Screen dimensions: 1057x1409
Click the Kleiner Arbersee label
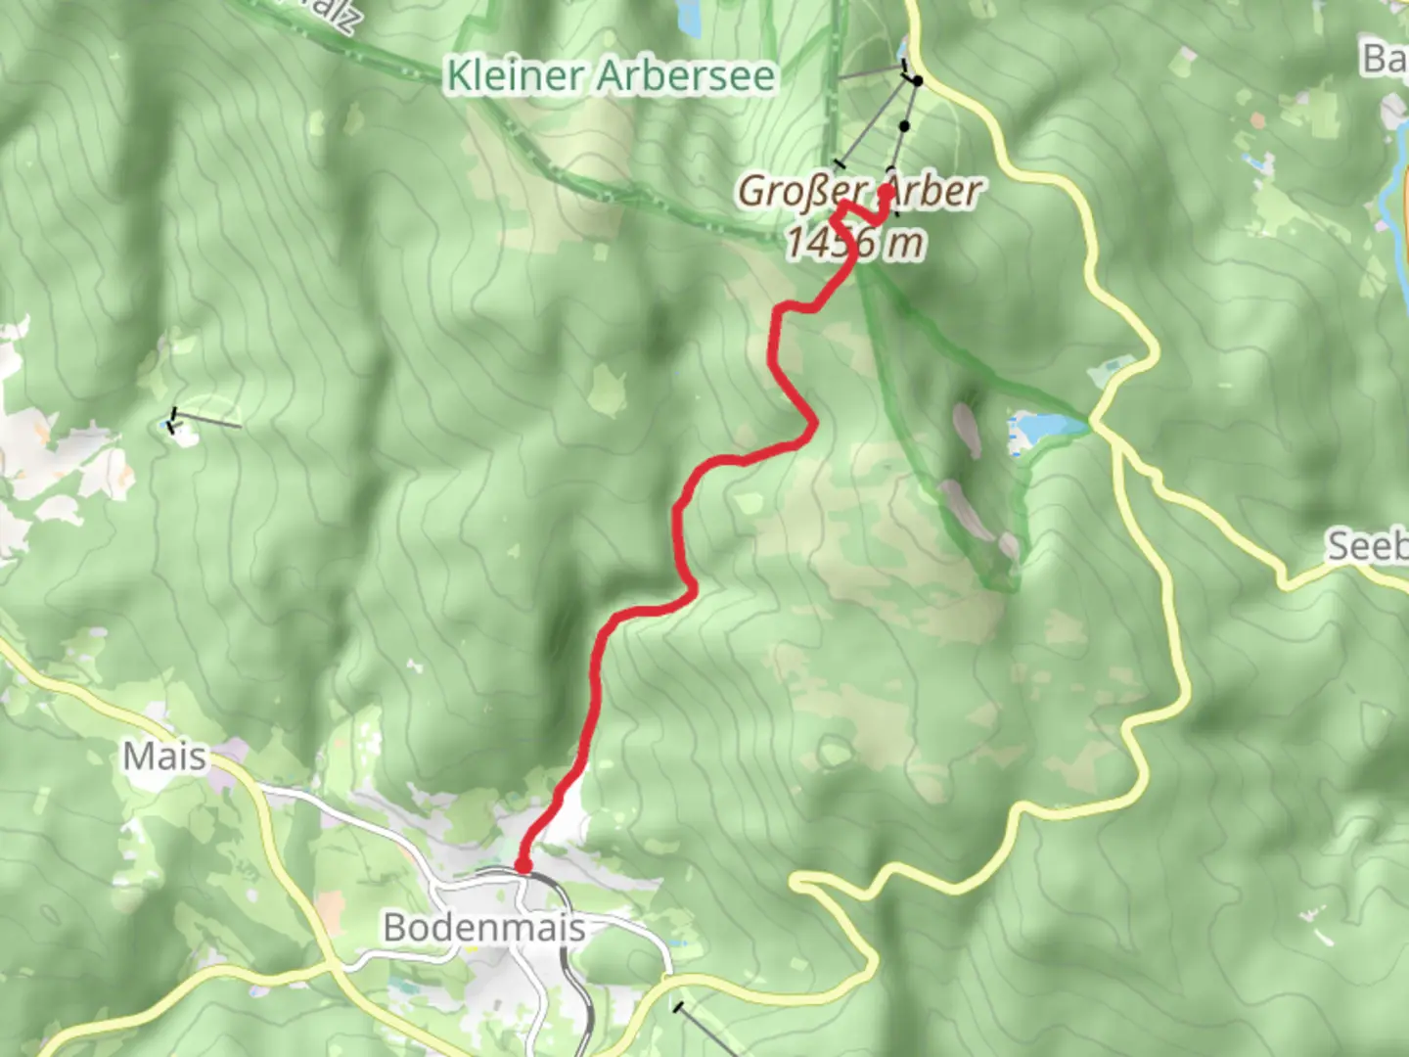(611, 75)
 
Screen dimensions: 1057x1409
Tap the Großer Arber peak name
(858, 191)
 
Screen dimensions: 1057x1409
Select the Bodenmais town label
(484, 927)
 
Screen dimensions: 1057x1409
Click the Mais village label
(164, 756)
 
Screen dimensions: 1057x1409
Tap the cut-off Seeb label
(1367, 545)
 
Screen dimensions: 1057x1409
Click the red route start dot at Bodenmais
(523, 865)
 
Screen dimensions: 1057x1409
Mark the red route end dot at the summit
(886, 191)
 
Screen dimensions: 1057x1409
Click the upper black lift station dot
(917, 81)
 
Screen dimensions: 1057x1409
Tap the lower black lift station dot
(904, 126)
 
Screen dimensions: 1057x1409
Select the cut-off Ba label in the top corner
(1386, 59)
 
